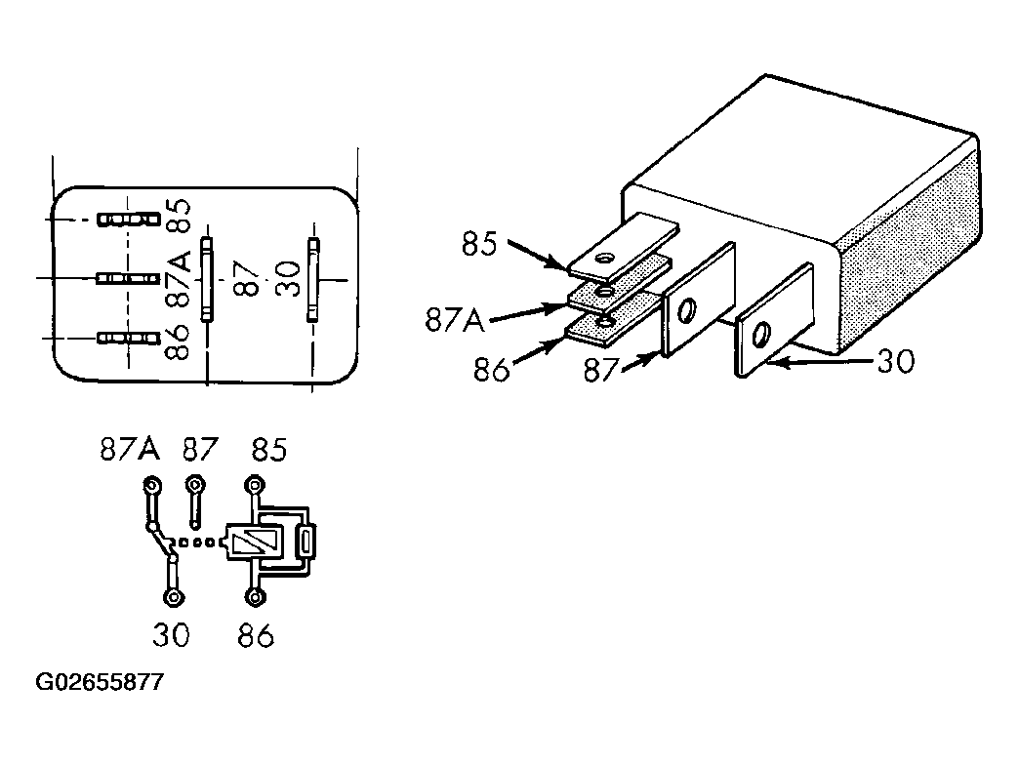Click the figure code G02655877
[x=101, y=682]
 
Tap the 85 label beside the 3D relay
[x=479, y=244]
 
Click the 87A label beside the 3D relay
[x=455, y=320]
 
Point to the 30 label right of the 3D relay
[x=896, y=361]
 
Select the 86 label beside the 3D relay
[x=491, y=371]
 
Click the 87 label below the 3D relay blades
[x=600, y=371]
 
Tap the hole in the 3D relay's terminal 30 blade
[x=760, y=336]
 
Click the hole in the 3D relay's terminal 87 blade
[x=685, y=310]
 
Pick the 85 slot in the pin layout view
[x=129, y=219]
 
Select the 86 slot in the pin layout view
[x=129, y=338]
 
